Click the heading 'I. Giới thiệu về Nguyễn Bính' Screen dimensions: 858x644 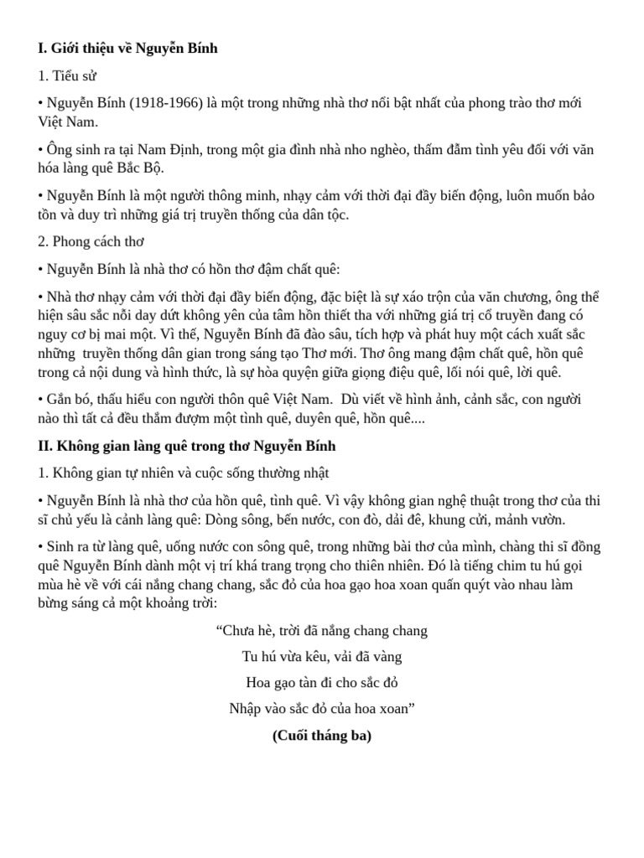coord(127,49)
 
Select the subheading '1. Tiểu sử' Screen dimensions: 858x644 coord(67,76)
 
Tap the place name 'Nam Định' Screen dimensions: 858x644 coord(174,150)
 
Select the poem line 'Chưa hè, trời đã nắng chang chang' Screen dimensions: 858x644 coord(322,631)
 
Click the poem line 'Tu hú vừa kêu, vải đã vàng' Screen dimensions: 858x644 coord(322,657)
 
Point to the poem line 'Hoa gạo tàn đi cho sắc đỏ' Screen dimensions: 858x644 coord(322,683)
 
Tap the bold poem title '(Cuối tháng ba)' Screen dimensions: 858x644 coord(322,736)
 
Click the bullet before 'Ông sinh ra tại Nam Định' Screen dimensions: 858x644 coord(40,150)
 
